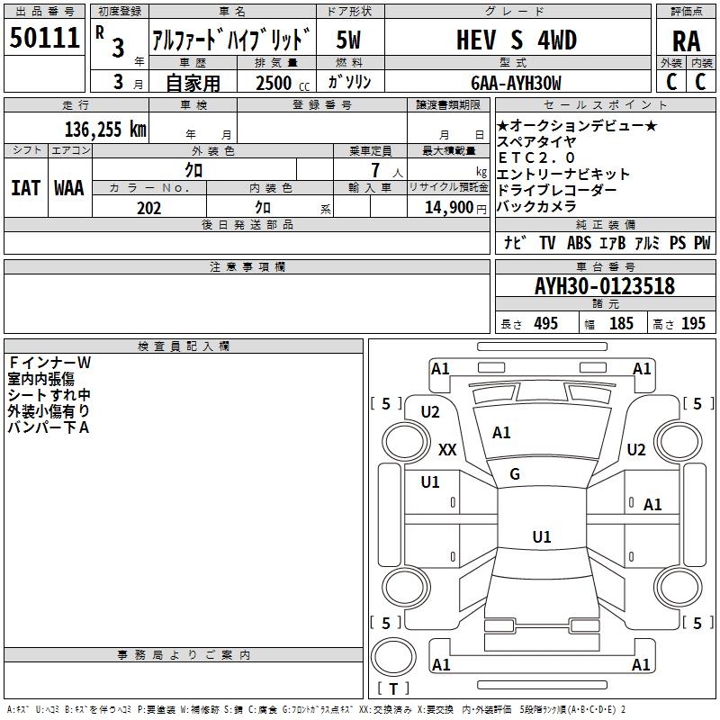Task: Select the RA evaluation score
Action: coord(686,41)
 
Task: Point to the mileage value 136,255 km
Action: coord(105,129)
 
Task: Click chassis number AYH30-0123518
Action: coord(604,287)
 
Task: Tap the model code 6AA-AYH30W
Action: coord(515,83)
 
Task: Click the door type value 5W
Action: coord(349,40)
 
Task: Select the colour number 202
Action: coord(148,209)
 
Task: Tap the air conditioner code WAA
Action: coord(68,188)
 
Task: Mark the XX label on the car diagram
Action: coord(447,449)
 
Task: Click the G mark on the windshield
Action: coord(514,474)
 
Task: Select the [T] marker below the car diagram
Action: coord(392,689)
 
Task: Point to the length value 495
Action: coord(545,324)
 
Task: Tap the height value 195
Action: coord(693,324)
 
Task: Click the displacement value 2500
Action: coord(273,84)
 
